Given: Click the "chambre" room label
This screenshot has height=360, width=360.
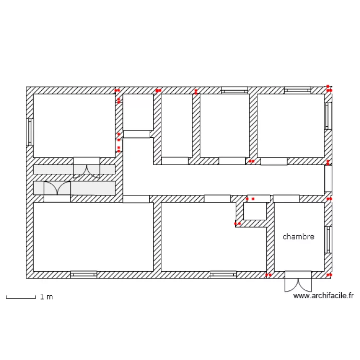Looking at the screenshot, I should (x=299, y=237).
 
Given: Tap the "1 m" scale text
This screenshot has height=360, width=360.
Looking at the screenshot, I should (x=47, y=297).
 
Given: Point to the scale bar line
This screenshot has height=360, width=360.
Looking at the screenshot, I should (x=21, y=298).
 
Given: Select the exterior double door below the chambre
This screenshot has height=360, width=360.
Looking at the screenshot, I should (x=298, y=281).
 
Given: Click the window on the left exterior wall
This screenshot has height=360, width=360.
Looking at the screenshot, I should (x=30, y=132).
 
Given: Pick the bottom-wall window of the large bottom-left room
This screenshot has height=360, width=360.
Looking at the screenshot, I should (x=84, y=275).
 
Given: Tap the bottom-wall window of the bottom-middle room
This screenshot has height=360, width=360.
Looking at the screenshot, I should (x=223, y=275).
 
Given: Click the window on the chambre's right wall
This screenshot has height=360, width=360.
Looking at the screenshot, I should (x=328, y=240).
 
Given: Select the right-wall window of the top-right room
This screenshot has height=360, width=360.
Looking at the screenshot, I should (x=328, y=116).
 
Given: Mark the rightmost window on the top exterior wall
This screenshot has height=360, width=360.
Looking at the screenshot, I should (x=298, y=90).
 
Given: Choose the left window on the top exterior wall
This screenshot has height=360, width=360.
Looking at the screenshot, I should (x=234, y=90).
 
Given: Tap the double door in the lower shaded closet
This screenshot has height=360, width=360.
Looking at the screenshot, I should (x=57, y=188).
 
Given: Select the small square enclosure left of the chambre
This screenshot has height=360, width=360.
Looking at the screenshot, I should (x=255, y=211).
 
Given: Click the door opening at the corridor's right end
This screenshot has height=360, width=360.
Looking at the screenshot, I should (x=328, y=179).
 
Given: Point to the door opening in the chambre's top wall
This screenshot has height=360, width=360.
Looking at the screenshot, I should (x=286, y=198).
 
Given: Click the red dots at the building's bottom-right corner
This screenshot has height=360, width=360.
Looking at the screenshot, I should (x=329, y=275).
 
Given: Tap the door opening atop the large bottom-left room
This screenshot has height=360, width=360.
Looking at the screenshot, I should (x=136, y=199).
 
